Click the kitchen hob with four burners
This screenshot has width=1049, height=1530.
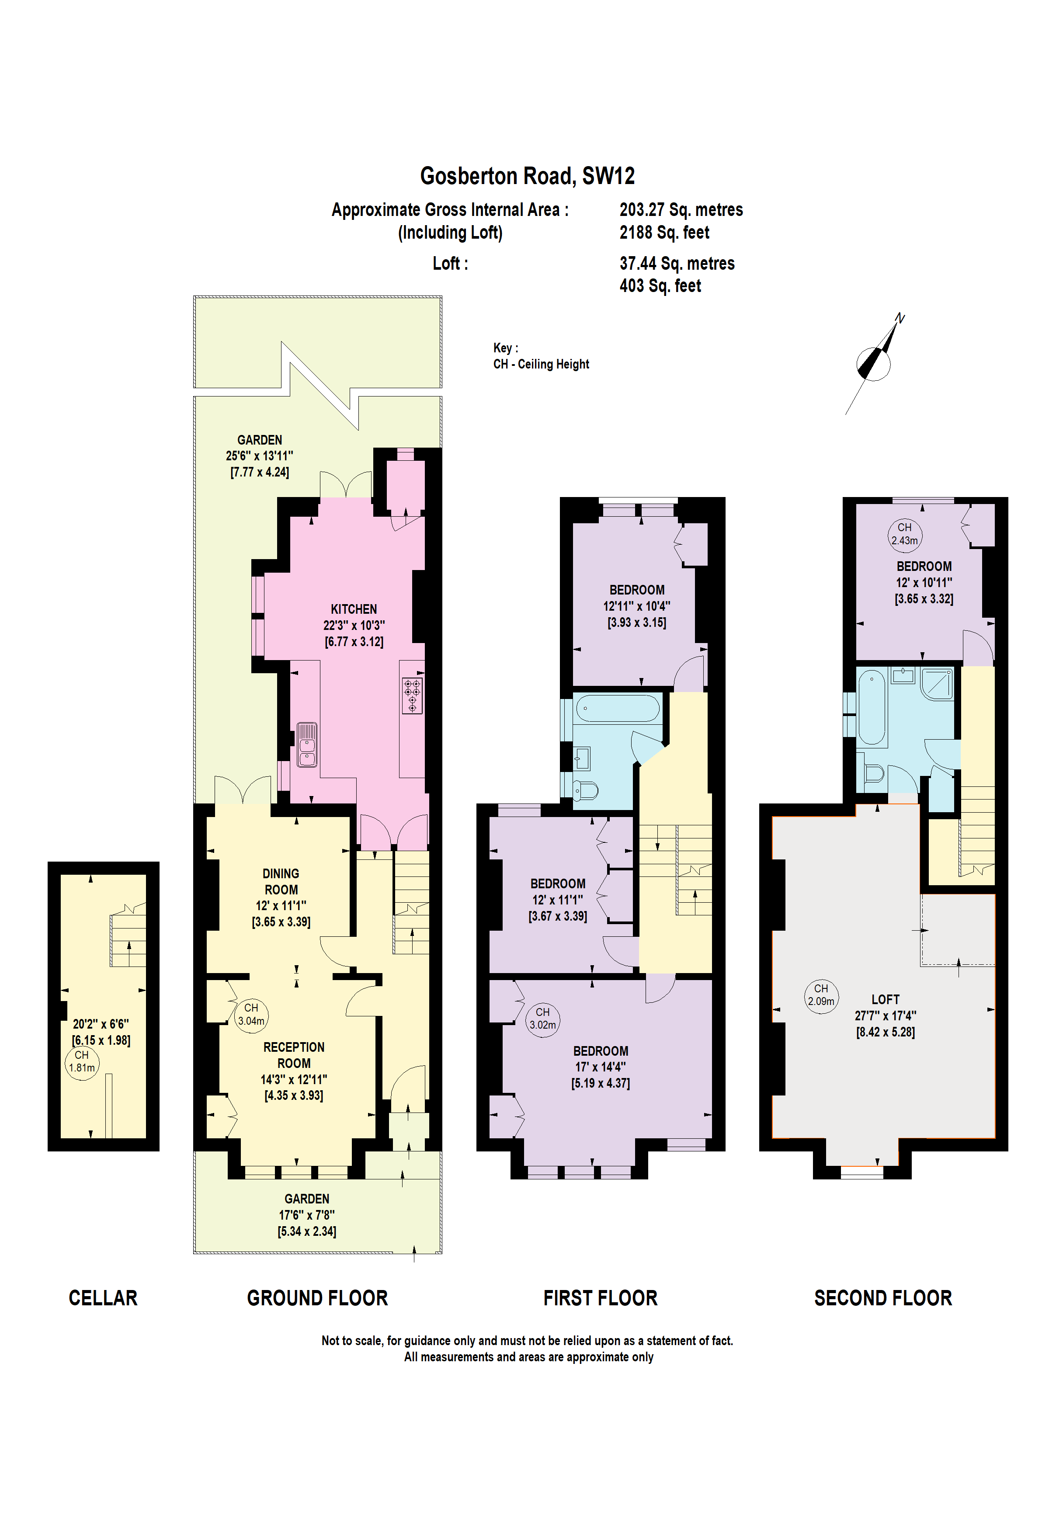coord(412,696)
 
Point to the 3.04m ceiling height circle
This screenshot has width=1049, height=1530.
coord(251,1015)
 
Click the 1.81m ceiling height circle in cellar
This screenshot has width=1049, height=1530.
coord(82,1062)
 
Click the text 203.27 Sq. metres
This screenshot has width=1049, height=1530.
coord(681,209)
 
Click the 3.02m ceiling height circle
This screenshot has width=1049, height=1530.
coord(542,1019)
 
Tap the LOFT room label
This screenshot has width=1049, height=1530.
coord(885,999)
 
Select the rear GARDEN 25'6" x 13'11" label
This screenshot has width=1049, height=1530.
coord(259,456)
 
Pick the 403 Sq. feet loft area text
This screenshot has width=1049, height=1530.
coord(660,286)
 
